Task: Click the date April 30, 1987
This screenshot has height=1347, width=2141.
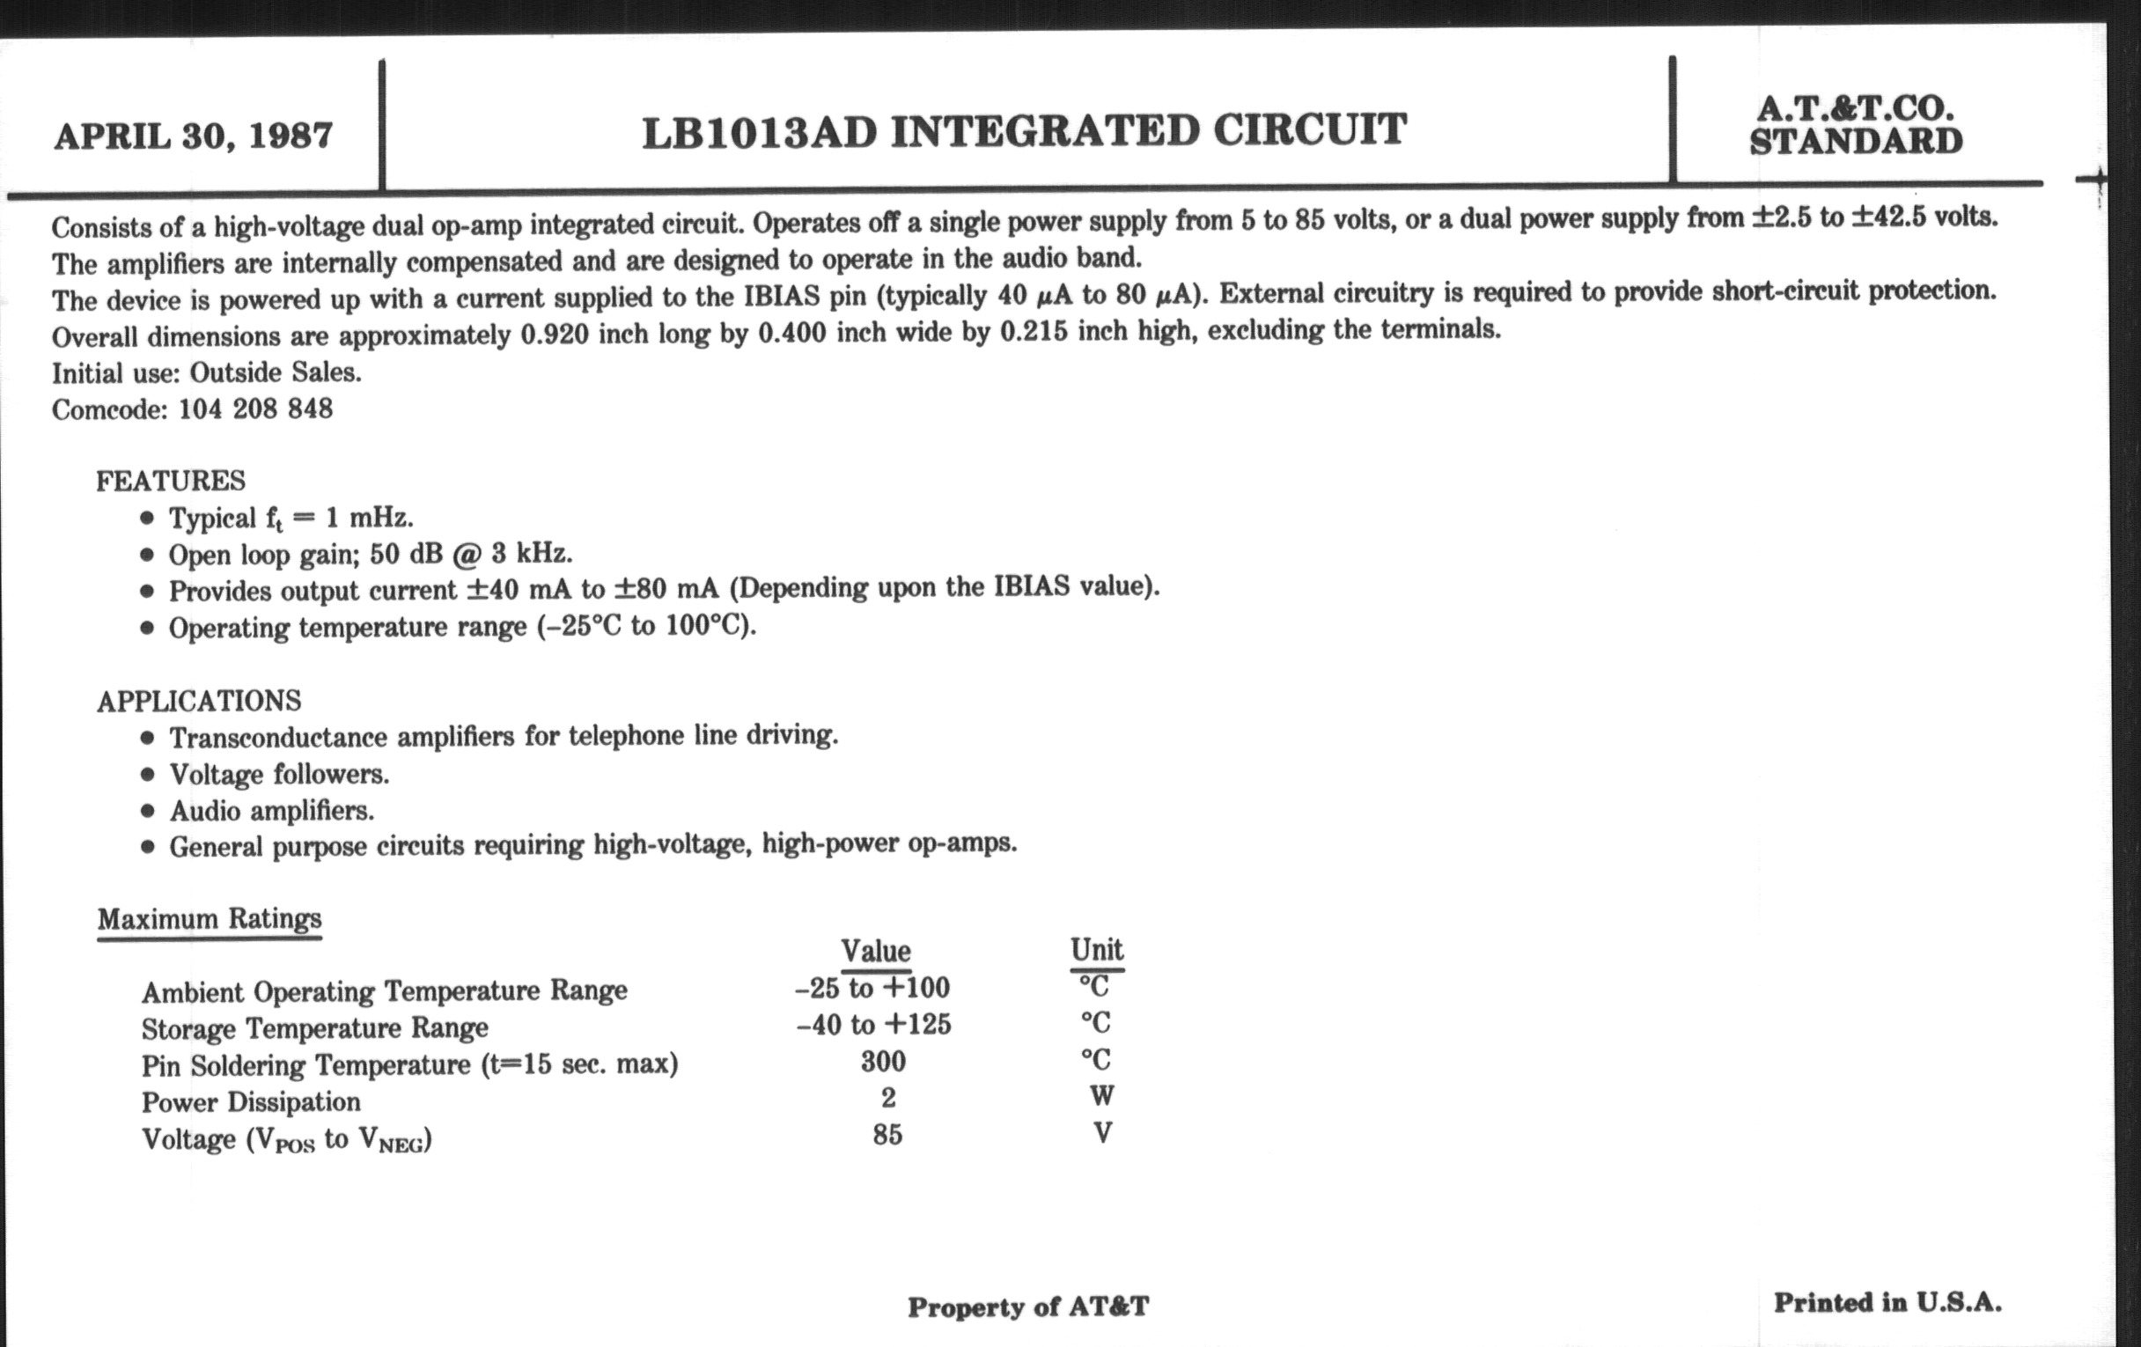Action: pyautogui.click(x=193, y=136)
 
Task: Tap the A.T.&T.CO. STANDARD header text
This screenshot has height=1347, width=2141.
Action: pyautogui.click(x=1856, y=125)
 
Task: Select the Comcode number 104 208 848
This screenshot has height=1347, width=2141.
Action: pyautogui.click(x=255, y=409)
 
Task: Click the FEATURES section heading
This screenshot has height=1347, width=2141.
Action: pyautogui.click(x=171, y=481)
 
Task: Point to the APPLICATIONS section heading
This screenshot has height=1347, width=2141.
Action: pyautogui.click(x=199, y=702)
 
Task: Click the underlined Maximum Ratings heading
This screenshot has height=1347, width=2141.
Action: pyautogui.click(x=210, y=918)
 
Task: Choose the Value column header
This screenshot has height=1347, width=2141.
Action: pyautogui.click(x=876, y=952)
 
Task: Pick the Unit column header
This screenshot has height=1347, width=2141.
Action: pyautogui.click(x=1096, y=950)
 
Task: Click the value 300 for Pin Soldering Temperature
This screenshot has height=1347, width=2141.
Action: pyautogui.click(x=883, y=1062)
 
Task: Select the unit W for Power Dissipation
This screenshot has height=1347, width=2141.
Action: pyautogui.click(x=1101, y=1096)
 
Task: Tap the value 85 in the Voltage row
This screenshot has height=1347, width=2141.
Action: pyautogui.click(x=887, y=1135)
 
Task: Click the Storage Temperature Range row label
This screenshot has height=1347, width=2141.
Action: pyautogui.click(x=315, y=1028)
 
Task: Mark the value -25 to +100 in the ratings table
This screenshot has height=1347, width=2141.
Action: pyautogui.click(x=872, y=988)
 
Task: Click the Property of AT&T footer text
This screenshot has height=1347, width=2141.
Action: pyautogui.click(x=1028, y=1307)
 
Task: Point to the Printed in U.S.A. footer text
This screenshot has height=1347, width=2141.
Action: pyautogui.click(x=1887, y=1303)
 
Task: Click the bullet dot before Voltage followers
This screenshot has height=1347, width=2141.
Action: pyautogui.click(x=148, y=776)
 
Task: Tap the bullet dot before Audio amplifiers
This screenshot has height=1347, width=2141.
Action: pyautogui.click(x=148, y=812)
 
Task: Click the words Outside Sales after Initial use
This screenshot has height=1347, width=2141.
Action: pyautogui.click(x=275, y=372)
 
